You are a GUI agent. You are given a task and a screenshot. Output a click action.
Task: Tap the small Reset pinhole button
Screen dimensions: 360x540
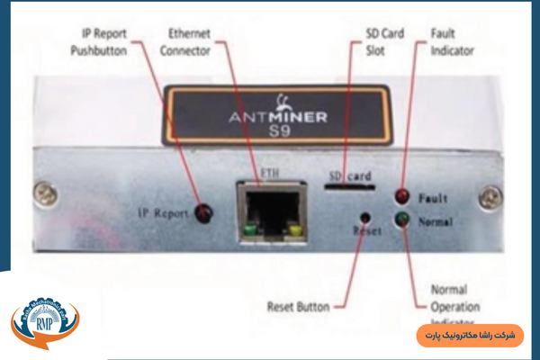click(364, 217)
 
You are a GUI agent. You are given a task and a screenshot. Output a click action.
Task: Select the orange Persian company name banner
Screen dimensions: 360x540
click(469, 335)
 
